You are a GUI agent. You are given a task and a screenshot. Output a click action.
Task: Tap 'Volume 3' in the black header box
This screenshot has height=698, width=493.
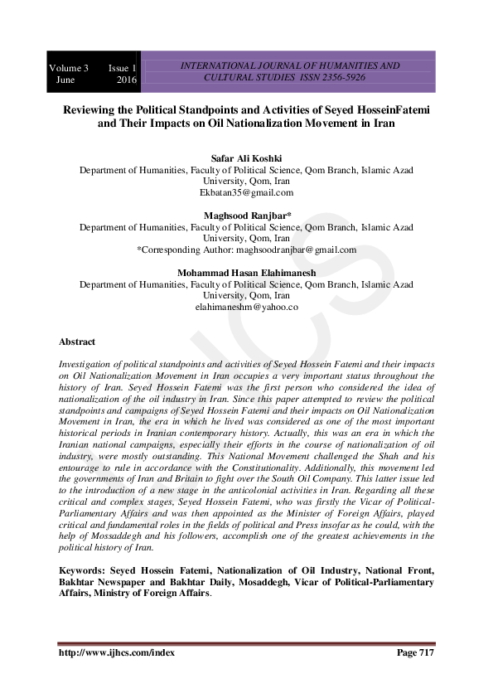(x=69, y=67)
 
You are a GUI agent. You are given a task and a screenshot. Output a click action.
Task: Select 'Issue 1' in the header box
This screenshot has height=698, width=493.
(x=122, y=67)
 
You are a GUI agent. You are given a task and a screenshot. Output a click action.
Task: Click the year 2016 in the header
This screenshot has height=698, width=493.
(x=126, y=80)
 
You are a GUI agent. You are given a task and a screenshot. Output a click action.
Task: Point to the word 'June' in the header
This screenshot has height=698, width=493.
(x=65, y=80)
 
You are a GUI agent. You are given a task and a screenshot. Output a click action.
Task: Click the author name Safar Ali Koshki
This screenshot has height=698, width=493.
(x=246, y=158)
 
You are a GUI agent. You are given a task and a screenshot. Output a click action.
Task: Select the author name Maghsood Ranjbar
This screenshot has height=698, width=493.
(x=246, y=215)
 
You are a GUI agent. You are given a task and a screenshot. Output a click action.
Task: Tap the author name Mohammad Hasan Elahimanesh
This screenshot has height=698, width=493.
(x=246, y=273)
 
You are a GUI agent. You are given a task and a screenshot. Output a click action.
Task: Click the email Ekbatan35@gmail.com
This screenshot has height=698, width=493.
(x=246, y=192)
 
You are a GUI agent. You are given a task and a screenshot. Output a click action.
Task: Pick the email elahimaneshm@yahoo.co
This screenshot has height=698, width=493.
(x=246, y=307)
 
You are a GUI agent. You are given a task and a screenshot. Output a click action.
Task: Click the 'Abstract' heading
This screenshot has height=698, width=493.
(x=77, y=342)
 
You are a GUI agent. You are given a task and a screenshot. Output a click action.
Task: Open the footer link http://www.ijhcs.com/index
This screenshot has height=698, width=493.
(x=110, y=653)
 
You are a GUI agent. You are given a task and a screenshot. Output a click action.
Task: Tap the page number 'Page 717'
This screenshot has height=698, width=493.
(x=415, y=653)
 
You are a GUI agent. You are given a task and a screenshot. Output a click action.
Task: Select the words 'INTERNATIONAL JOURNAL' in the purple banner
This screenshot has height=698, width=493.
(x=236, y=65)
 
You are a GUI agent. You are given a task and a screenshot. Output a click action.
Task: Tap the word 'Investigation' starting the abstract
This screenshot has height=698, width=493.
(x=86, y=365)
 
